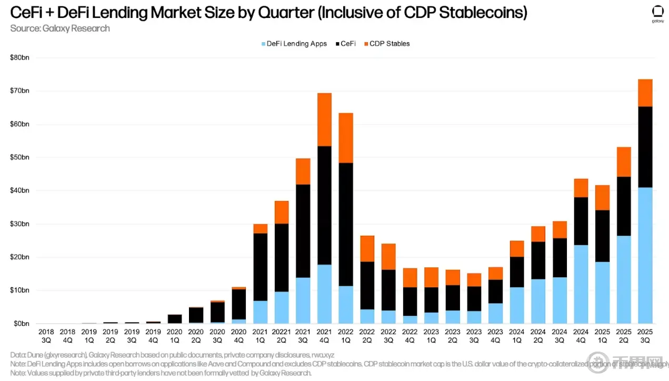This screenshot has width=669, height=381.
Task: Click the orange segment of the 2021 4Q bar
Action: tap(324, 119)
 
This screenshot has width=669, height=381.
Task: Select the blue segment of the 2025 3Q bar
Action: tap(645, 255)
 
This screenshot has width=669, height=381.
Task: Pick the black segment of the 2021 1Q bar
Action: tap(260, 267)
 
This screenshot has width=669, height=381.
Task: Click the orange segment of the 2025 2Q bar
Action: tap(623, 162)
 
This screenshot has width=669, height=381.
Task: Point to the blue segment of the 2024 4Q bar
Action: tap(581, 284)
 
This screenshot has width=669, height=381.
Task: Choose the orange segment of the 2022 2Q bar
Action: tap(367, 248)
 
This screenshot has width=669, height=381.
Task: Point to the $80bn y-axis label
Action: tap(19, 57)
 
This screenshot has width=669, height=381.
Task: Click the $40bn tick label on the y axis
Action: tap(19, 190)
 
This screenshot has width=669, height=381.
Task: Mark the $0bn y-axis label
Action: tap(21, 324)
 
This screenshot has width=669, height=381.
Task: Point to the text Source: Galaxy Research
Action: tap(60, 28)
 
